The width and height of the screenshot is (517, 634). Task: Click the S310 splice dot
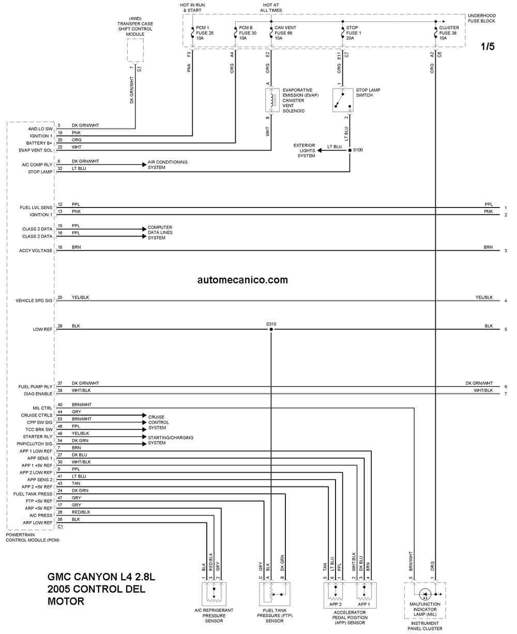pyautogui.click(x=271, y=329)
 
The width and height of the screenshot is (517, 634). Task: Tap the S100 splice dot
pyautogui.click(x=350, y=150)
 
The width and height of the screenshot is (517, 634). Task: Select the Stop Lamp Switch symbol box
pyautogui.click(x=343, y=100)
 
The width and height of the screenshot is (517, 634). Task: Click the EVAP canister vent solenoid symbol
pyautogui.click(x=273, y=100)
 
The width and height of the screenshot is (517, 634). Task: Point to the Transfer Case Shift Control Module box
pyautogui.click(x=135, y=51)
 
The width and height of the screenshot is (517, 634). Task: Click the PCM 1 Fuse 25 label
pyautogui.click(x=204, y=33)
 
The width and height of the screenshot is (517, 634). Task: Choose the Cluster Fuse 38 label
pyautogui.click(x=449, y=33)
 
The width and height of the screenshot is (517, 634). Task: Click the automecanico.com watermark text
pyautogui.click(x=242, y=280)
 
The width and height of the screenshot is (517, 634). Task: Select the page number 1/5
pyautogui.click(x=488, y=46)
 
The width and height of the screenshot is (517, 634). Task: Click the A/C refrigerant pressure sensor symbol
pyautogui.click(x=214, y=594)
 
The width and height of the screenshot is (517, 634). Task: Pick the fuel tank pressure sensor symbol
pyautogui.click(x=275, y=594)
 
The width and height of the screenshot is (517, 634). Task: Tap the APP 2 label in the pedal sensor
pyautogui.click(x=336, y=604)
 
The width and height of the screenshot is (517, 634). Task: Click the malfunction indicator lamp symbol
pyautogui.click(x=425, y=594)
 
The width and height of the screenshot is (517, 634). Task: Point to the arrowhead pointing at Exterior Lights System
pyautogui.click(x=320, y=150)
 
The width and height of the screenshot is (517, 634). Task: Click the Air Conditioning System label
pyautogui.click(x=168, y=165)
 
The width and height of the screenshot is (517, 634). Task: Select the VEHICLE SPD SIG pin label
pyautogui.click(x=34, y=301)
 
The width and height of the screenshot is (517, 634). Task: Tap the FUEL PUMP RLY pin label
pyautogui.click(x=36, y=387)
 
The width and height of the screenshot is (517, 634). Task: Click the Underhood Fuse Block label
pyautogui.click(x=481, y=18)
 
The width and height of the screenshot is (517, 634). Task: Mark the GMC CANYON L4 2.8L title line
pyautogui.click(x=101, y=577)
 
